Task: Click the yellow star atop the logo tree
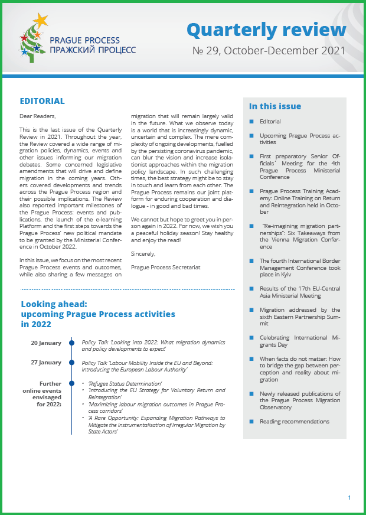coord(40,21)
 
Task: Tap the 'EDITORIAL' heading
coord(42,102)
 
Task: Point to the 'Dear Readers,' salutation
coord(38,116)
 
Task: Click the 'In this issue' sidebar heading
coord(275,107)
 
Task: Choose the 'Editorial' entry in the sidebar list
coord(270,122)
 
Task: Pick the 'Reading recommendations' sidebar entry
coord(294,422)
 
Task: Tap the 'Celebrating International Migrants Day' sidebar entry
coord(299,341)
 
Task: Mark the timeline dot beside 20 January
coord(71,343)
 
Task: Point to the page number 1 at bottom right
coord(349,498)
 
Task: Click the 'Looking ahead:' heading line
coord(54,305)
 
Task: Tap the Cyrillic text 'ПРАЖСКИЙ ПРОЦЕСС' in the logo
coord(93,50)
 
